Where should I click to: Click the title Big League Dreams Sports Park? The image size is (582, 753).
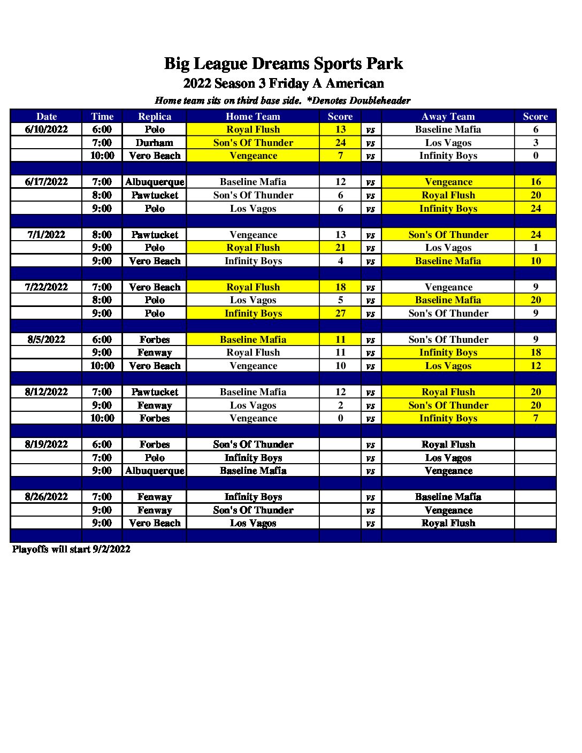(283, 64)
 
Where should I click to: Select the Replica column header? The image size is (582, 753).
(155, 117)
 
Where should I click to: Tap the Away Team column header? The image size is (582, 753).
(448, 117)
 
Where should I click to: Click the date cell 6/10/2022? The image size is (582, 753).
(47, 129)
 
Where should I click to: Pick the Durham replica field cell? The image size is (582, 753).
(155, 143)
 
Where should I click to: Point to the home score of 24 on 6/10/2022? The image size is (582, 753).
(340, 143)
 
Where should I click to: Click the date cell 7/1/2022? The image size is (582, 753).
(47, 235)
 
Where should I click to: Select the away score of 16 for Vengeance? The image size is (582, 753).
(535, 182)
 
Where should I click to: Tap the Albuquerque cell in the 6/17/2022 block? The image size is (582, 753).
(155, 182)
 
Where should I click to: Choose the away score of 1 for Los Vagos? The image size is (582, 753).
(535, 248)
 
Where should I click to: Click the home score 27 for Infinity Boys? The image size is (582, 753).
(340, 313)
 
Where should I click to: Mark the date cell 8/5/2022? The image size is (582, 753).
(47, 340)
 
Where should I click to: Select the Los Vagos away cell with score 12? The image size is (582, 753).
(448, 366)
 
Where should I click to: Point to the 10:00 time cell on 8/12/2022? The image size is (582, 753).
(102, 418)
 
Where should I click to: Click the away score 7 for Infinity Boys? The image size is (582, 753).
(535, 418)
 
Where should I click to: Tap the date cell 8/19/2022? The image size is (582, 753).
(47, 444)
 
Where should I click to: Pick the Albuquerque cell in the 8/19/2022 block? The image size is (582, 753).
(155, 471)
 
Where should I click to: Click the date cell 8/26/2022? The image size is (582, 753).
(47, 497)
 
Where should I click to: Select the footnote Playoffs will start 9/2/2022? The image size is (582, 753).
(71, 549)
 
